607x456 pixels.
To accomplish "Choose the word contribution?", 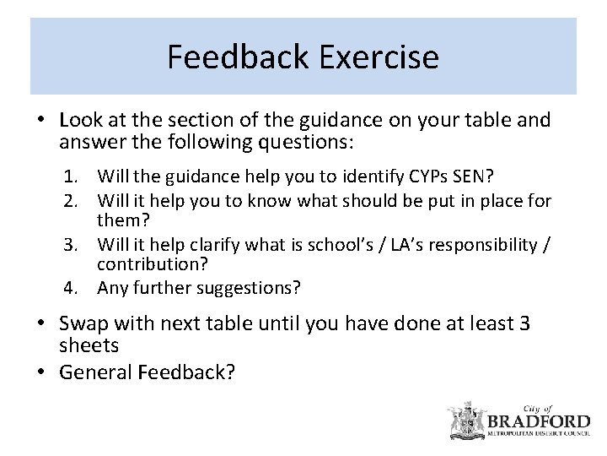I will coord(153,264).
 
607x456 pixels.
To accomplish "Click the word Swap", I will coord(82,323).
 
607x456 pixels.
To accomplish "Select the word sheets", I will coord(89,345).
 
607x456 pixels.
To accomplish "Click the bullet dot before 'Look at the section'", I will coord(40,121).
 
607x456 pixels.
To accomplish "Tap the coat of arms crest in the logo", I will coord(464,419).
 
